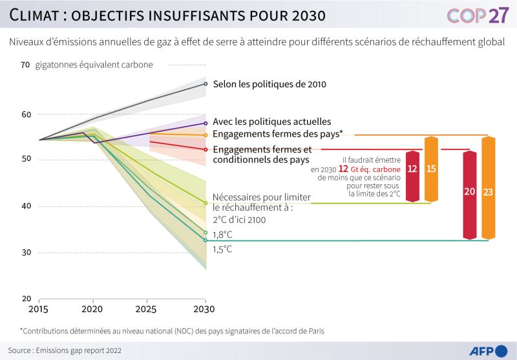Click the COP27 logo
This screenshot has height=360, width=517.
click(x=478, y=16)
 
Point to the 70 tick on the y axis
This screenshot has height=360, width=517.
click(x=25, y=65)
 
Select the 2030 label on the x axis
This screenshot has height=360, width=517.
click(x=205, y=308)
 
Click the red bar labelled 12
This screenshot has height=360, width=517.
click(x=413, y=169)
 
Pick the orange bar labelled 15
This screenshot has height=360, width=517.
click(x=431, y=169)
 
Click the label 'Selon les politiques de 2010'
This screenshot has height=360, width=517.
click(x=269, y=84)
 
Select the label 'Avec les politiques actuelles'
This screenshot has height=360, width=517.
click(x=272, y=122)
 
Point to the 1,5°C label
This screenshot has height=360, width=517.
click(x=223, y=249)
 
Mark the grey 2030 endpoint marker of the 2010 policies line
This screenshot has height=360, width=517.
click(x=206, y=83)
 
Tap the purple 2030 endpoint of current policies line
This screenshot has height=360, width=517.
click(x=206, y=123)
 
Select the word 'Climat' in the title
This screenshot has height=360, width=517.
click(x=38, y=14)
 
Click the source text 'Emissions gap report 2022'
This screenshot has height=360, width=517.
click(x=78, y=351)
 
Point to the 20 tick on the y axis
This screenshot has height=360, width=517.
click(x=25, y=299)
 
